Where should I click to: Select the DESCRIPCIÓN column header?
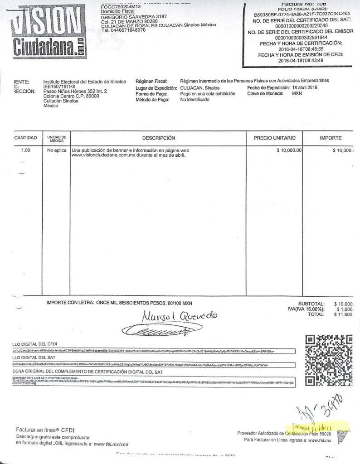point(158,138)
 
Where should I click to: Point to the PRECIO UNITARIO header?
point(274,138)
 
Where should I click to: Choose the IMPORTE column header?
point(331,138)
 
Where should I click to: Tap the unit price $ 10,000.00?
point(290,150)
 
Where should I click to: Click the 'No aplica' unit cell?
point(57,150)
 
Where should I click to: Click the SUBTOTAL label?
point(311,304)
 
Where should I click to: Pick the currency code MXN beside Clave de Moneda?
point(297,93)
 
